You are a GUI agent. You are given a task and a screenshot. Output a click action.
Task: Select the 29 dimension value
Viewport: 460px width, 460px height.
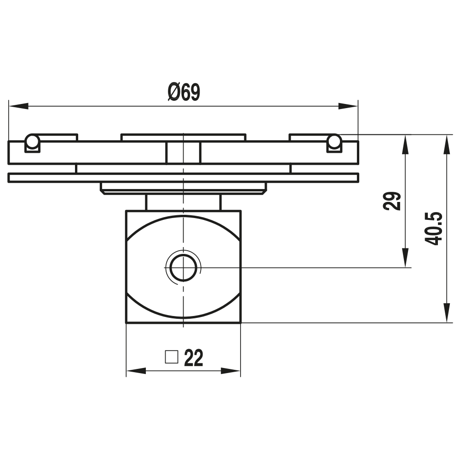pos(392,201)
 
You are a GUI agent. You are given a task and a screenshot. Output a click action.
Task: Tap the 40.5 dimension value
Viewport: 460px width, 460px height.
pos(434,229)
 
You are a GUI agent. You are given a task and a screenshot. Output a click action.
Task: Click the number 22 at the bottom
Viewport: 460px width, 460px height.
pos(193,358)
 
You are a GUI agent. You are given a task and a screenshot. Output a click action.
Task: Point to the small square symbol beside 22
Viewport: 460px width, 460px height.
pos(172,357)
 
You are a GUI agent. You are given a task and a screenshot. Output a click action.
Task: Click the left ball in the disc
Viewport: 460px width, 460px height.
pos(32,141)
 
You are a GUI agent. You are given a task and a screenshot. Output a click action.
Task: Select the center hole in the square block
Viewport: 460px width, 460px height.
pos(183,267)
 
